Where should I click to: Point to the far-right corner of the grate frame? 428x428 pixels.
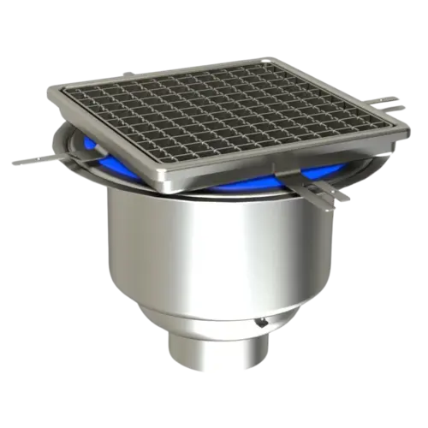coord(409,130)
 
